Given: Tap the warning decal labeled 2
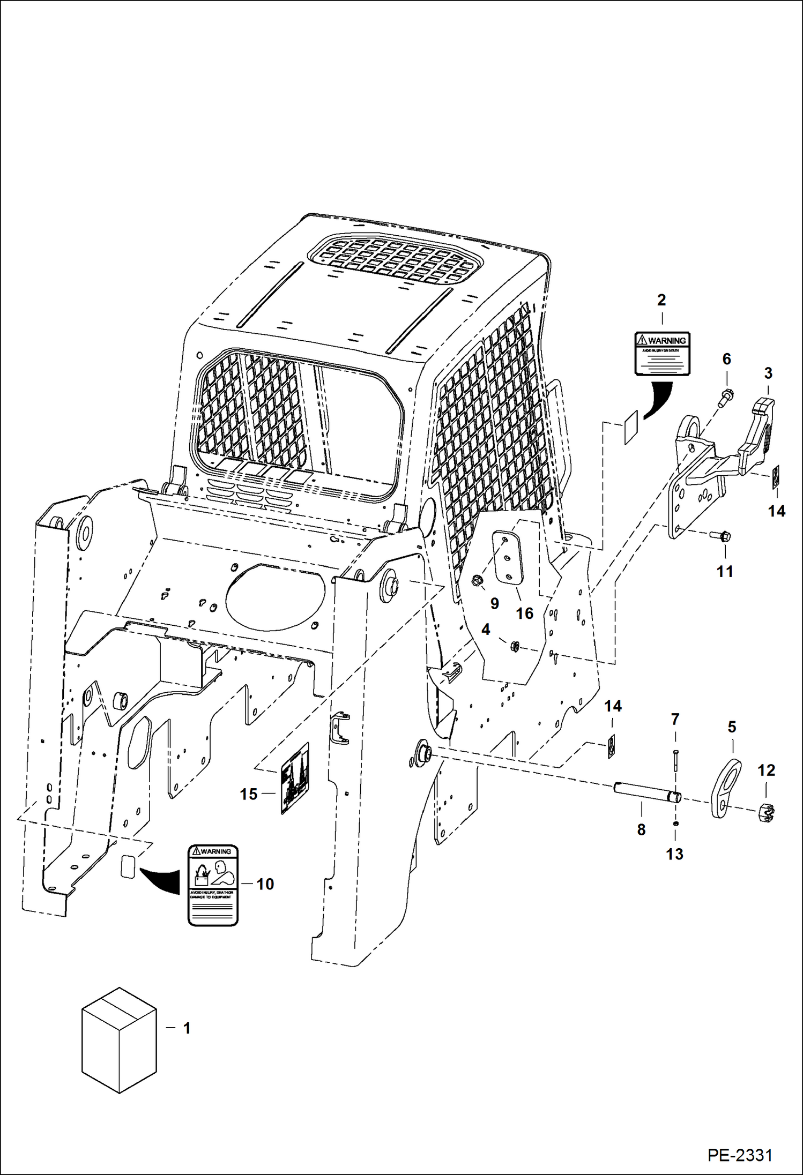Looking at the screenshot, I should [661, 353].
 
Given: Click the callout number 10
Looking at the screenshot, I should [265, 884].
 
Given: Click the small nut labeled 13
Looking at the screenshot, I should [675, 823].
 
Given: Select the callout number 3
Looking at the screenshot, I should [768, 373].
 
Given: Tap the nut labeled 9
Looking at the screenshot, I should [476, 580].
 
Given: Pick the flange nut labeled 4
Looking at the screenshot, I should [514, 646].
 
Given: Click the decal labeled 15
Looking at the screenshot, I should [294, 779].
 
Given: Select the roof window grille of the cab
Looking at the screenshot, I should [395, 259].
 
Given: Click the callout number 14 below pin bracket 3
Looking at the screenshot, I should [776, 511].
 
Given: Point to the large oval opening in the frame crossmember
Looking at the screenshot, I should [275, 596].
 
